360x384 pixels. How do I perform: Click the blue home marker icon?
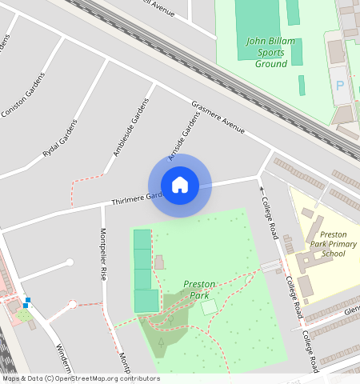[x=180, y=185]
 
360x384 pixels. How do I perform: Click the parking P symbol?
[x=340, y=86]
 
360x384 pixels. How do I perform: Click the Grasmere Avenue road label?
[x=218, y=116]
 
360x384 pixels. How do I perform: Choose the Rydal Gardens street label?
[x=61, y=138]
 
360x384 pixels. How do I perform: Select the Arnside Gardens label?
[x=182, y=134]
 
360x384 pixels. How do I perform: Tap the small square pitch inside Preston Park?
[x=208, y=307]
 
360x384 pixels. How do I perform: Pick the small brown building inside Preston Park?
[x=158, y=262]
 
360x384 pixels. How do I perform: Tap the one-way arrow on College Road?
[x=261, y=190]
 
